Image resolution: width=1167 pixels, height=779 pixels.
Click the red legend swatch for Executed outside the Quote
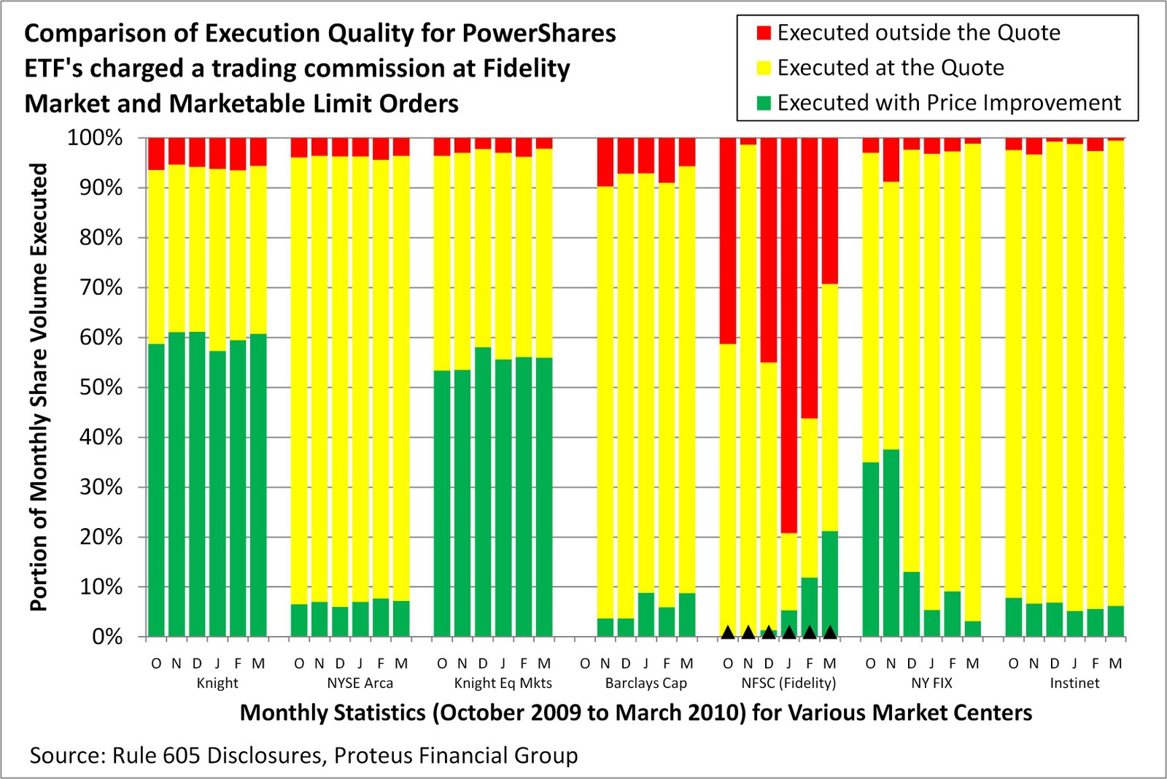click(x=763, y=33)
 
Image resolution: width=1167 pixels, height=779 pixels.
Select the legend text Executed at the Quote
click(x=890, y=68)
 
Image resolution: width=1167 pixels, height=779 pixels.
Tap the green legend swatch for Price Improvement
click(x=763, y=103)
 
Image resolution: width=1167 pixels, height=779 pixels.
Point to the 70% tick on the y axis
click(x=101, y=287)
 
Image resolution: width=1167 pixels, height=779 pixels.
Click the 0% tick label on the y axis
click(x=107, y=637)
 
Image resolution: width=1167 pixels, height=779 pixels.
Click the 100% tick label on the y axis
click(x=95, y=138)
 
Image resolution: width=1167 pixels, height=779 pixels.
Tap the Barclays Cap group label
click(x=645, y=683)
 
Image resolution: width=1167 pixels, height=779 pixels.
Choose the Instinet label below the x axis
click(x=1074, y=683)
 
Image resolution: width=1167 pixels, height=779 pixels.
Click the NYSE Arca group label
click(x=360, y=683)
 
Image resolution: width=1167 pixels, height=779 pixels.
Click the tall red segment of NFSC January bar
click(x=788, y=336)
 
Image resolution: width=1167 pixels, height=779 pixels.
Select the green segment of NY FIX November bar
click(x=891, y=543)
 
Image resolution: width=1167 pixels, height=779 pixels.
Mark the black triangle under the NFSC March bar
click(x=829, y=632)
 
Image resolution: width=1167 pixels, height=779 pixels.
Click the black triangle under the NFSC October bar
click(x=727, y=632)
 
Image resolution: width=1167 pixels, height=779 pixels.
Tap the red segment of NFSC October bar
click(x=727, y=241)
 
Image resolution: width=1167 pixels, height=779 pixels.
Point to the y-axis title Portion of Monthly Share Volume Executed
click(x=39, y=387)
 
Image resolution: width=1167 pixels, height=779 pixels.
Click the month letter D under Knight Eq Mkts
click(x=482, y=664)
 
